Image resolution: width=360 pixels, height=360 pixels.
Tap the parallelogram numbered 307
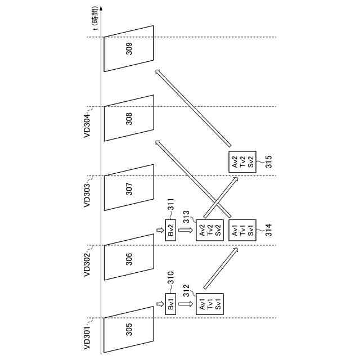(x=129, y=189)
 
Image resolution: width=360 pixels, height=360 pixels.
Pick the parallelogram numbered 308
(x=129, y=119)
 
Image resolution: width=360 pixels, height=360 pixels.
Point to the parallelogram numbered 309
(x=129, y=49)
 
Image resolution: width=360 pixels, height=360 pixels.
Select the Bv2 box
(x=171, y=232)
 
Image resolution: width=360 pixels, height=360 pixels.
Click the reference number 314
(x=268, y=230)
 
